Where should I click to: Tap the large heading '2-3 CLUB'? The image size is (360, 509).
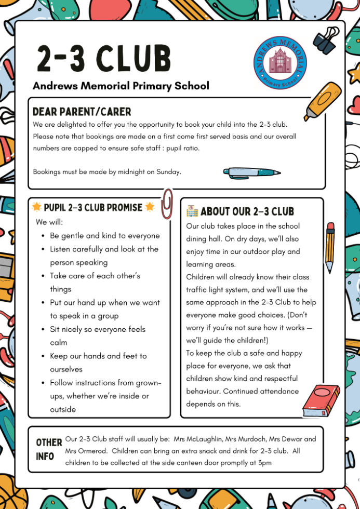[104, 58]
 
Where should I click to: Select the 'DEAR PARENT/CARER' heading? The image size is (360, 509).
[82, 112]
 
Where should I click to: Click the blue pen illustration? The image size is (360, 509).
[251, 172]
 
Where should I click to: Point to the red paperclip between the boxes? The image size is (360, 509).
[167, 204]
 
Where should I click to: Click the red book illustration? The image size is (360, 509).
[321, 401]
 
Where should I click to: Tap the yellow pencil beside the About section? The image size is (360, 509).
[330, 247]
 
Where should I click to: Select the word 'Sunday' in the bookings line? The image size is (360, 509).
[168, 172]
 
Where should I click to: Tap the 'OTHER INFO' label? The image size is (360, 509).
[49, 449]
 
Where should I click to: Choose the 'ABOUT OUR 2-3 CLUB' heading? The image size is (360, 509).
[247, 211]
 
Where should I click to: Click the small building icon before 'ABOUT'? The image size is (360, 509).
[192, 211]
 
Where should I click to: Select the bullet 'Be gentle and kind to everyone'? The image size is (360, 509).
[104, 236]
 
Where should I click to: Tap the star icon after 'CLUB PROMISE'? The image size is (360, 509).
[150, 207]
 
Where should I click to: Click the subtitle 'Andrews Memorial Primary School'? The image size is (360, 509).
[121, 86]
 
